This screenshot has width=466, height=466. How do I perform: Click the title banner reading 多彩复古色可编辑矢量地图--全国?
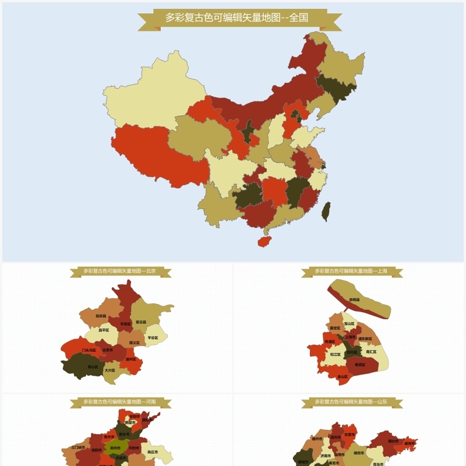(x=239, y=18)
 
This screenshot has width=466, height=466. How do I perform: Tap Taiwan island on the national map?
(x=326, y=211)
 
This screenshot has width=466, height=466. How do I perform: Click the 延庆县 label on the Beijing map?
(x=101, y=316)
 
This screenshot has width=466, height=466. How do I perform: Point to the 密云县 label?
(x=141, y=322)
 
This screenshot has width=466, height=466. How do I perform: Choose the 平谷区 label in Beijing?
(x=153, y=337)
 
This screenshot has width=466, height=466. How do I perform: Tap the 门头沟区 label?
(x=89, y=350)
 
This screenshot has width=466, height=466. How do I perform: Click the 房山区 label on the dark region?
(x=93, y=366)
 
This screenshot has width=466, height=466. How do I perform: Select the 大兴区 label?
(x=110, y=370)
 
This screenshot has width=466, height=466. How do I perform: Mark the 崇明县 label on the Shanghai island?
(x=354, y=299)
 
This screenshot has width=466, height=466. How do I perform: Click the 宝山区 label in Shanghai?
(x=349, y=323)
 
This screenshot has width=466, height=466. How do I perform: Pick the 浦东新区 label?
(x=365, y=338)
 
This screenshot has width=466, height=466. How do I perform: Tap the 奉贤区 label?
(x=360, y=365)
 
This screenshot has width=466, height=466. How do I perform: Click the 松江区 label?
(x=336, y=354)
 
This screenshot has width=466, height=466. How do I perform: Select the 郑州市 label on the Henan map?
(x=115, y=448)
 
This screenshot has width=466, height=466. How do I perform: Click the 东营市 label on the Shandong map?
(x=349, y=434)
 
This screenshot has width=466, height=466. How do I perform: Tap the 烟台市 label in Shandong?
(x=391, y=441)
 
